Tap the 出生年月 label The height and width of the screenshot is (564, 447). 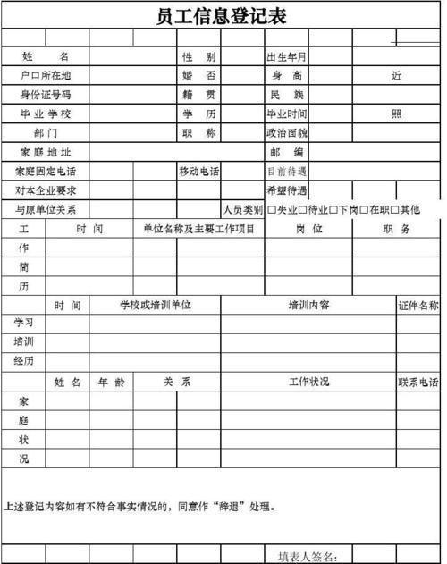(286, 56)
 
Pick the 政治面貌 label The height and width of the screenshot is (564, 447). (286, 132)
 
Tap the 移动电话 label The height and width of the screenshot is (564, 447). (198, 171)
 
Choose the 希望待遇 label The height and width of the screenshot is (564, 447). (286, 190)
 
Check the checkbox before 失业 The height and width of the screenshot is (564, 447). (272, 209)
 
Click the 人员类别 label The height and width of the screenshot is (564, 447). (242, 210)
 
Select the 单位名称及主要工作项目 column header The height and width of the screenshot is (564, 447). (198, 229)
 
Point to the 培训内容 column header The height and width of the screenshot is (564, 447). (308, 305)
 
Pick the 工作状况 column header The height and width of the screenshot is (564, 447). (308, 382)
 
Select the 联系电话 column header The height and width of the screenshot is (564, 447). (418, 383)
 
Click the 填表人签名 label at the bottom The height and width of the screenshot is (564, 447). (307, 557)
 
